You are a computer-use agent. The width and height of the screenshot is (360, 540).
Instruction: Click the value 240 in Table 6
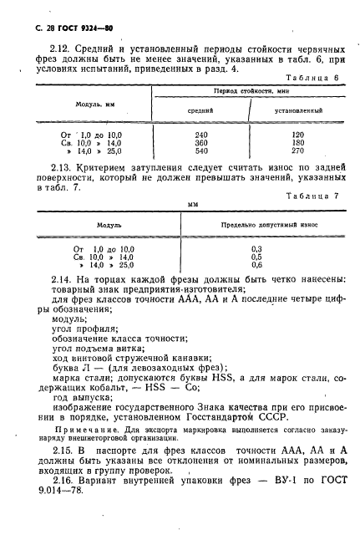(200, 134)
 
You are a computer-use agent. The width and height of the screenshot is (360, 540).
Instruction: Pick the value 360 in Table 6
(200, 143)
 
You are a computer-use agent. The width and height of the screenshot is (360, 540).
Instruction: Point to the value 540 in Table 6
(200, 152)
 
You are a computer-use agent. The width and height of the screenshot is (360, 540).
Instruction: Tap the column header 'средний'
(200, 110)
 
